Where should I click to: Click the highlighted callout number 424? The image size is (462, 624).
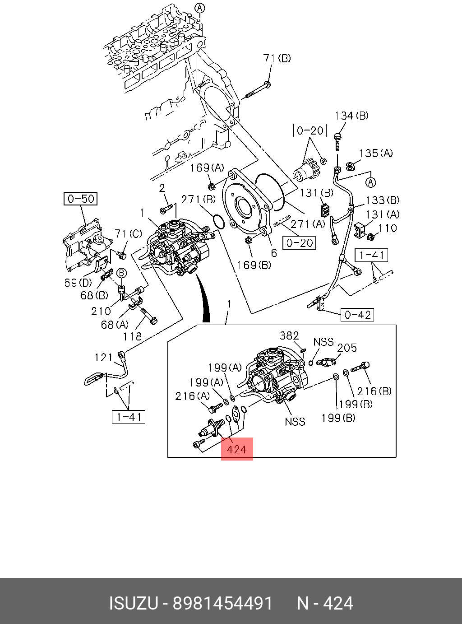(x=237, y=449)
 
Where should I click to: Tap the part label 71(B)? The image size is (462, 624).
(x=277, y=58)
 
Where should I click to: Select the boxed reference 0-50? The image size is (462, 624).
(x=81, y=199)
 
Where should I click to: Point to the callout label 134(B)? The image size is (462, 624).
(x=351, y=116)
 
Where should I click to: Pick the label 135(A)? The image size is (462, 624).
(x=376, y=154)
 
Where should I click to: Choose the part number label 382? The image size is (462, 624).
(x=289, y=335)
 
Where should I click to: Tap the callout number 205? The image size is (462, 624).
(x=347, y=348)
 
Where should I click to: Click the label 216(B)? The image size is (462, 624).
(x=374, y=391)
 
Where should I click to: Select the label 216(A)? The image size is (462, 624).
(x=193, y=396)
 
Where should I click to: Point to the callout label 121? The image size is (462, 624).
(x=104, y=358)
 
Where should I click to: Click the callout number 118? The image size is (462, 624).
(x=132, y=336)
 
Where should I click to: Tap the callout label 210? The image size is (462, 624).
(x=101, y=311)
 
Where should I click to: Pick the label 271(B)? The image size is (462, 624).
(x=199, y=200)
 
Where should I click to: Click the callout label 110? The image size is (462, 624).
(x=388, y=228)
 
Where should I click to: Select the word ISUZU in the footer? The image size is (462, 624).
(x=134, y=603)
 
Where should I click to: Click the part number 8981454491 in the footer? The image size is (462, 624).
(x=223, y=603)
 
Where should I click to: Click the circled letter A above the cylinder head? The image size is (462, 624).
(x=200, y=8)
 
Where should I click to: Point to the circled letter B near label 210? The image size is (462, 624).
(x=121, y=273)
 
